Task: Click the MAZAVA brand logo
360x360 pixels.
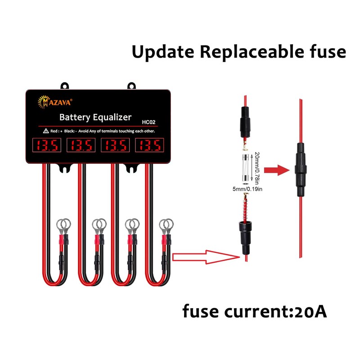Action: (x=55, y=102)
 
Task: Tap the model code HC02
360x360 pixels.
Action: (x=148, y=122)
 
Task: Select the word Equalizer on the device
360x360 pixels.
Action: (x=112, y=117)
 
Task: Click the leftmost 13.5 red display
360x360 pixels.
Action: (x=47, y=145)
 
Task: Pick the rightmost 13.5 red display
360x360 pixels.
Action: (x=149, y=145)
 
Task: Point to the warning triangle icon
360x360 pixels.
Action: (x=46, y=131)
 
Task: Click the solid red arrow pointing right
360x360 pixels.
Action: (x=277, y=170)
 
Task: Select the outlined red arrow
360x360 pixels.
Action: (x=206, y=257)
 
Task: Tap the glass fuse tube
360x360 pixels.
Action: (x=245, y=168)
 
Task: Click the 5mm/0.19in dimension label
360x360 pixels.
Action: (x=247, y=189)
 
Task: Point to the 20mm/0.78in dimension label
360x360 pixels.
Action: (x=257, y=168)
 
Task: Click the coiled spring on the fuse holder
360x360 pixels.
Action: (x=246, y=208)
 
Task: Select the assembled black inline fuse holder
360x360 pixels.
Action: (x=301, y=170)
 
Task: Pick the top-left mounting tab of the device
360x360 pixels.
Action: (x=65, y=85)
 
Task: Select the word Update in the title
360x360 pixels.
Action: (x=163, y=52)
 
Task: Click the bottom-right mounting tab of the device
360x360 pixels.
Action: (x=131, y=168)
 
